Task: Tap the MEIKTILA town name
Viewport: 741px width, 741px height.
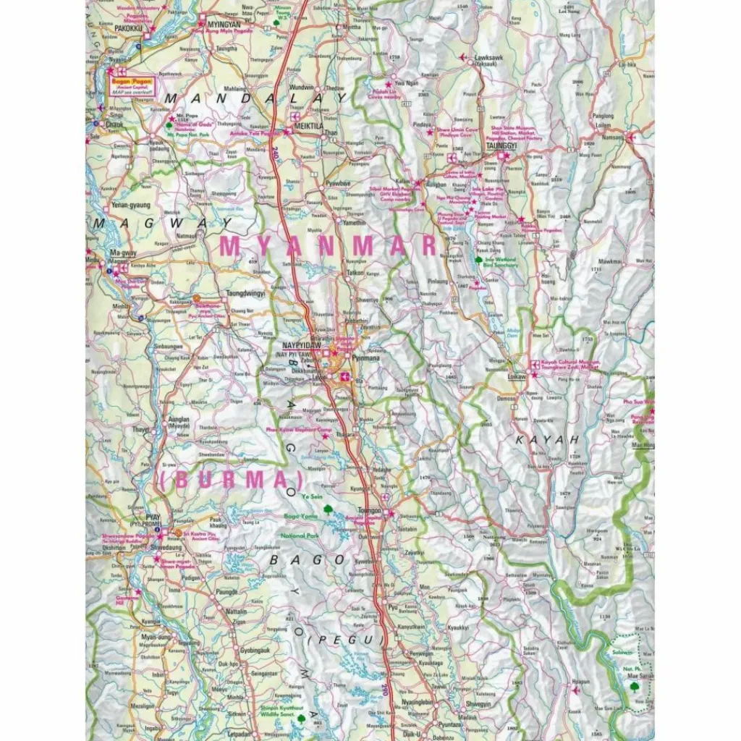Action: tap(307, 123)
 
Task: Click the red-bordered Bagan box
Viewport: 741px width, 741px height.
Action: tap(132, 87)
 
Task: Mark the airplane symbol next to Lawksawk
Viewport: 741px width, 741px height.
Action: tap(462, 56)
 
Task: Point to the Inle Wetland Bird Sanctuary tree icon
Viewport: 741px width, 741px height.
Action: tap(478, 258)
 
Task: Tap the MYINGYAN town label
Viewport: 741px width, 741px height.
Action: tap(223, 24)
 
